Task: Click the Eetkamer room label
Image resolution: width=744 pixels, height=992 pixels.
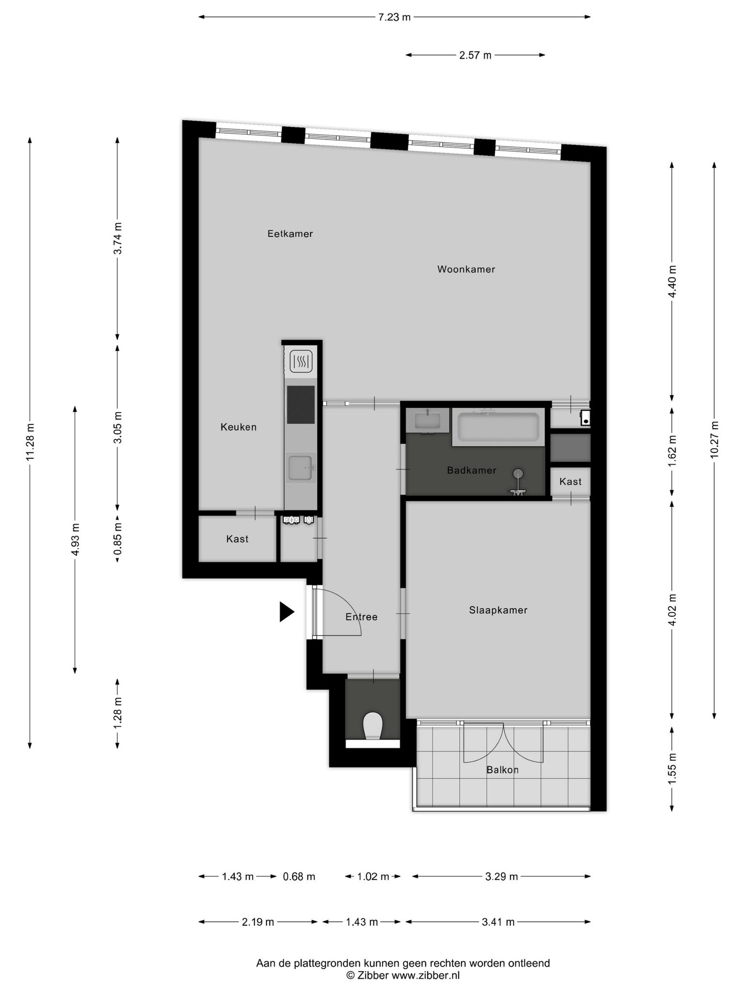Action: point(290,233)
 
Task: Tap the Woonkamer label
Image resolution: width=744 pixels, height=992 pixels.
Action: point(466,269)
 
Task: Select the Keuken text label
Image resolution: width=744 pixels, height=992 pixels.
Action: point(238,427)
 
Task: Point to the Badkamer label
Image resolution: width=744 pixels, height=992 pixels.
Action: point(471,470)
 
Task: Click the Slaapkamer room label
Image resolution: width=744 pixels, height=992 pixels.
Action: point(498,610)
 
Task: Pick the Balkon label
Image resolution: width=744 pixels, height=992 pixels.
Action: point(502,770)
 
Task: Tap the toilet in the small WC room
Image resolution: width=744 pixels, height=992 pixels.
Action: point(372,726)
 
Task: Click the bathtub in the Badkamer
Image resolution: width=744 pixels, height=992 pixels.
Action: point(498,427)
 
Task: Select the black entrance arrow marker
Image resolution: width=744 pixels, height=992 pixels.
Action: point(287,612)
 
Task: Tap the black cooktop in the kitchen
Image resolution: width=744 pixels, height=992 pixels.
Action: point(301,404)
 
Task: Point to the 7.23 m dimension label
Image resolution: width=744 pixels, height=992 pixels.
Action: point(394,17)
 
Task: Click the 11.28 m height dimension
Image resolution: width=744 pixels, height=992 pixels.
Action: point(31,442)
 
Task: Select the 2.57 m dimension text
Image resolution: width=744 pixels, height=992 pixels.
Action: point(475,55)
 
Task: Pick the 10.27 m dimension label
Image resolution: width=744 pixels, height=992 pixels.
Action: point(714,439)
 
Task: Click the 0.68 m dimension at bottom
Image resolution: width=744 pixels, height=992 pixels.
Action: point(299,876)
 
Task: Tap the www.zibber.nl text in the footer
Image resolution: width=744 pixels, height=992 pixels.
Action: point(425,975)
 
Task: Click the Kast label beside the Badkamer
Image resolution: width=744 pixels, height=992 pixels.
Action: point(570,481)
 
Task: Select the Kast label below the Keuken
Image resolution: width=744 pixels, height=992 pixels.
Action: point(237,539)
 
